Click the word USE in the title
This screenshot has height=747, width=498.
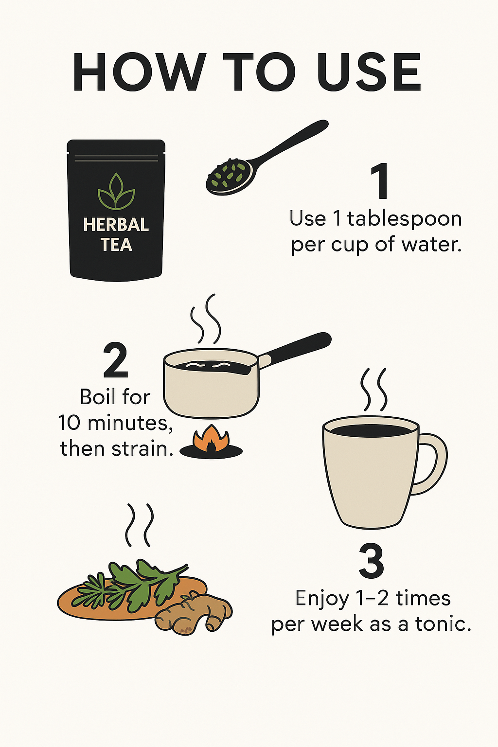369,72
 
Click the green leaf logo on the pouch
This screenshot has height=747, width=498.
116,192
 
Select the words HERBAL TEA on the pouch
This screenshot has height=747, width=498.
116,235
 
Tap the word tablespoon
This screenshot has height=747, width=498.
404,220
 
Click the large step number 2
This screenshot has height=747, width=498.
115,360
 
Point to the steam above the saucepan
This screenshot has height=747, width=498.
206,319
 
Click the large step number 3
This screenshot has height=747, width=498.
371,561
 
